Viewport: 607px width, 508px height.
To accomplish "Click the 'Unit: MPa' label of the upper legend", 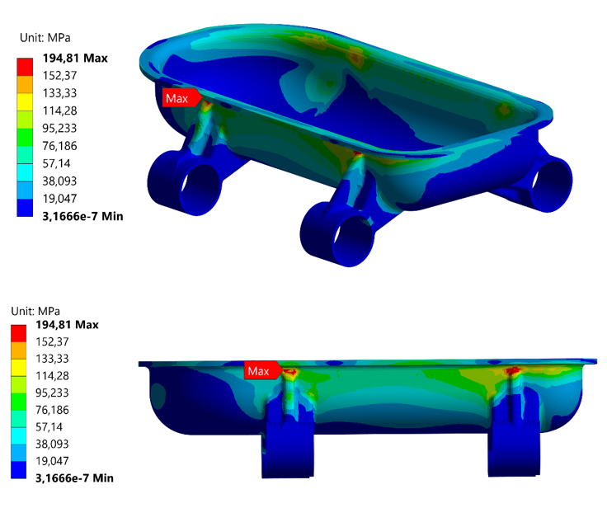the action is [45, 38].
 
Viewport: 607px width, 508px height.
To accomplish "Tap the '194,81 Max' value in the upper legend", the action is [75, 58].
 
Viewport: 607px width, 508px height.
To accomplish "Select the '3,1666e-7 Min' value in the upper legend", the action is [82, 216].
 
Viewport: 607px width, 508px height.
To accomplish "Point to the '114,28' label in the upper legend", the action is [59, 111].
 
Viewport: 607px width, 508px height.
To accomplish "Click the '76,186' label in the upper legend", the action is [59, 146].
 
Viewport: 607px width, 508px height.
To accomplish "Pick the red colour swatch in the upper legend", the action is [25, 67].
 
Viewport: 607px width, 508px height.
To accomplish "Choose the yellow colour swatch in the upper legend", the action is [25, 101].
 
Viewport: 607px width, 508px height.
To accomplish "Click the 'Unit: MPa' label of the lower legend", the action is [35, 311].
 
